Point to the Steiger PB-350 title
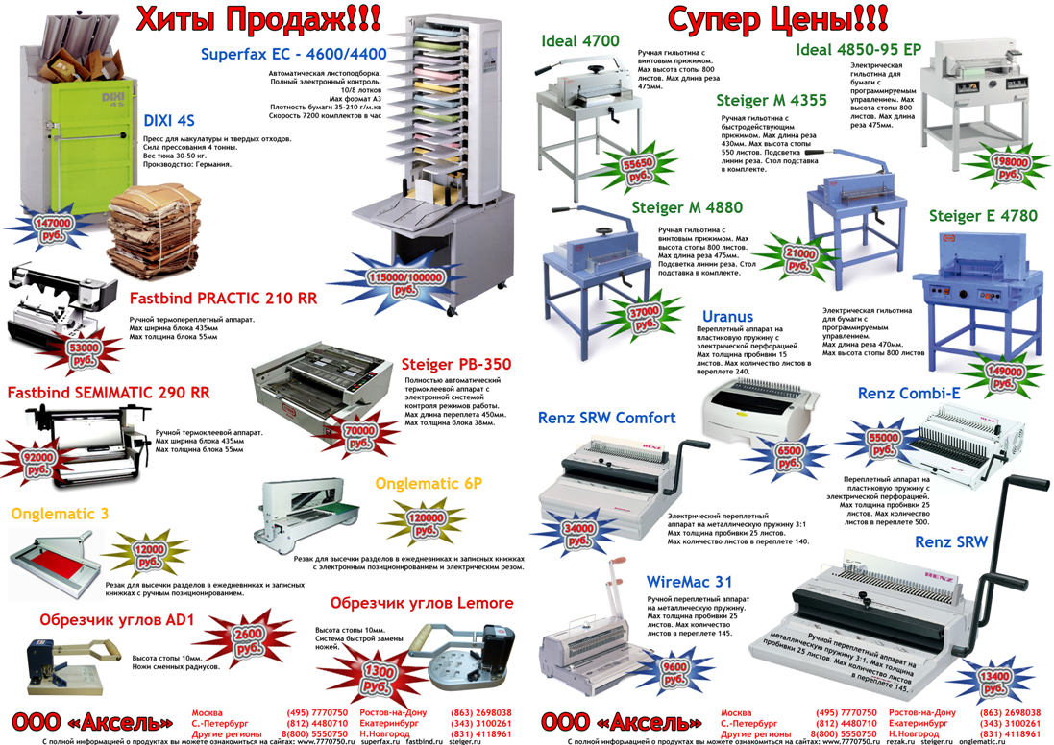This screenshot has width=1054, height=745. pos(455,365)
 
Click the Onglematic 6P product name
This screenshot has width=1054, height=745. pos(429,484)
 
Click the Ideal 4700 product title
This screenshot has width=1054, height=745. pos(579,41)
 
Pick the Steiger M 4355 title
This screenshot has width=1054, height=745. pos(771,100)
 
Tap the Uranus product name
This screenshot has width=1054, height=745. pos(727,317)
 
